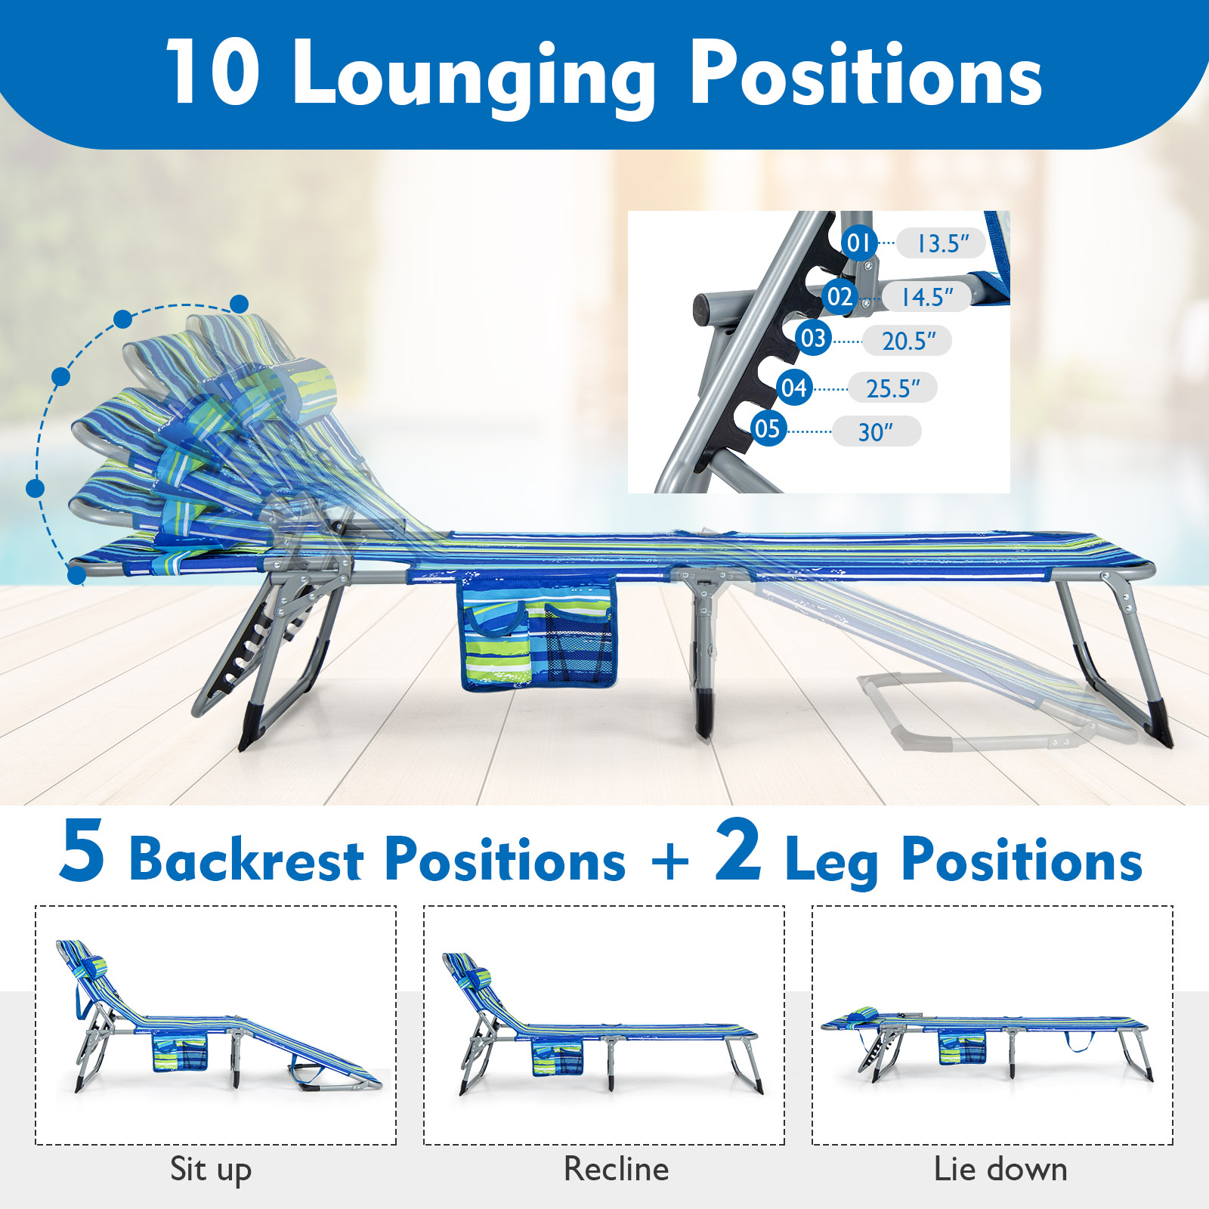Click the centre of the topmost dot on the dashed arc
[240, 305]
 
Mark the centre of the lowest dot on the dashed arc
[76, 576]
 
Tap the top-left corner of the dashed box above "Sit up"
[36, 907]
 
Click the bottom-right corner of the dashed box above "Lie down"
[1173, 1144]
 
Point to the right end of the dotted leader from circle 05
[831, 432]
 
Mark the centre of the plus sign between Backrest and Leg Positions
[670, 861]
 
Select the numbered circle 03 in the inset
[813, 338]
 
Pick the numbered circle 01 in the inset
[859, 243]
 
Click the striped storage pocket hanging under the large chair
[537, 632]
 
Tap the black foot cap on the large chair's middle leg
[703, 714]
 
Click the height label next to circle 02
[926, 297]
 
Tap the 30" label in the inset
[877, 431]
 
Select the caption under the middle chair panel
[617, 1169]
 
